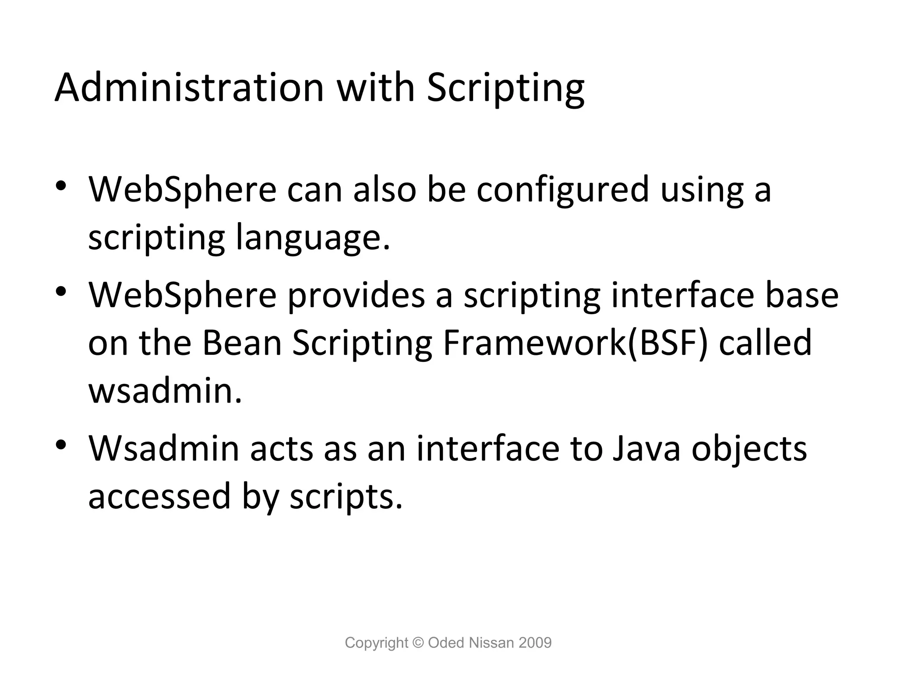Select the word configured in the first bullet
click(562, 191)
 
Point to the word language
click(312, 239)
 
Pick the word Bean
click(242, 343)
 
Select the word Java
click(646, 449)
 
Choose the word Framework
click(534, 343)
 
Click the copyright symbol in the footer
click(419, 643)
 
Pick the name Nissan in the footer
click(491, 643)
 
